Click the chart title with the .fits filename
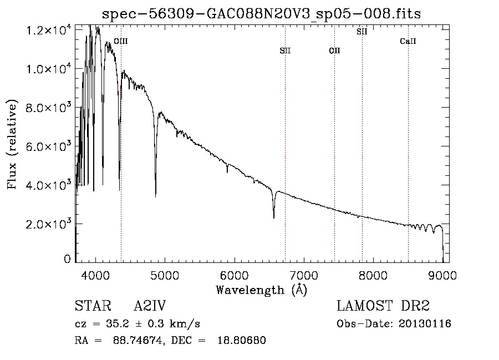(261, 14)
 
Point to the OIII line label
(121, 41)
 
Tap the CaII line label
(408, 41)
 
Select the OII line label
(334, 50)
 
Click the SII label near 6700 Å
(285, 50)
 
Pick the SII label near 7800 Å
(362, 32)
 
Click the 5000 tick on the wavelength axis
(165, 276)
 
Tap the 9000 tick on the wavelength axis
(442, 276)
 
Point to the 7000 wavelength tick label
(304, 276)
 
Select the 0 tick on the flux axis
(67, 259)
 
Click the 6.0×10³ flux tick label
(48, 147)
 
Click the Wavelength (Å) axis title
(262, 290)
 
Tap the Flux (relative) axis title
(12, 144)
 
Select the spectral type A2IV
(150, 306)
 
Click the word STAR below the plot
(93, 306)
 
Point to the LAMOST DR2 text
(383, 306)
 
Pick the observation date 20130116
(425, 324)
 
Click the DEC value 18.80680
(242, 340)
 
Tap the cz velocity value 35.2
(118, 324)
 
